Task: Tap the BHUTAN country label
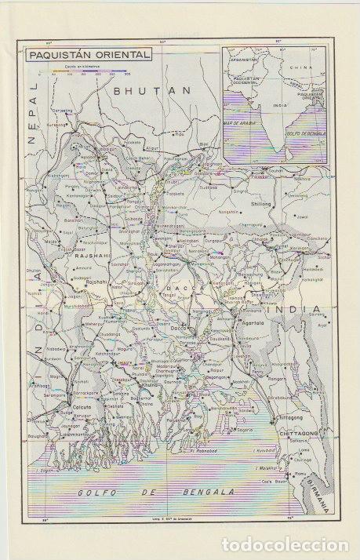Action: tap(142, 91)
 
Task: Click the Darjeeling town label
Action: tap(63, 111)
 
